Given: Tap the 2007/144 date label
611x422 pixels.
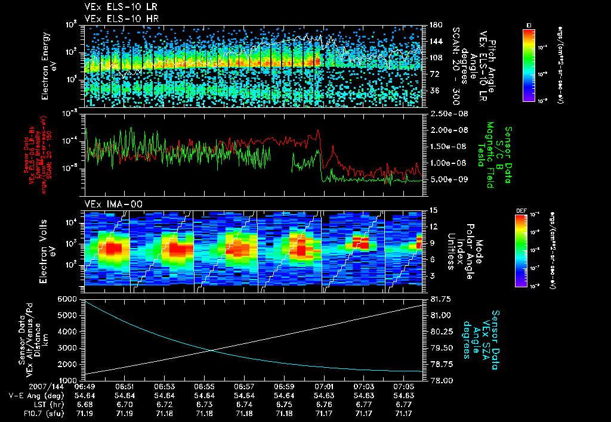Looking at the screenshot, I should [x=22, y=386].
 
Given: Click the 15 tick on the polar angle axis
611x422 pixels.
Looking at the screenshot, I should [x=434, y=210].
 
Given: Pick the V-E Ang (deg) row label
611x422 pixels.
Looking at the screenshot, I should [x=31, y=395].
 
